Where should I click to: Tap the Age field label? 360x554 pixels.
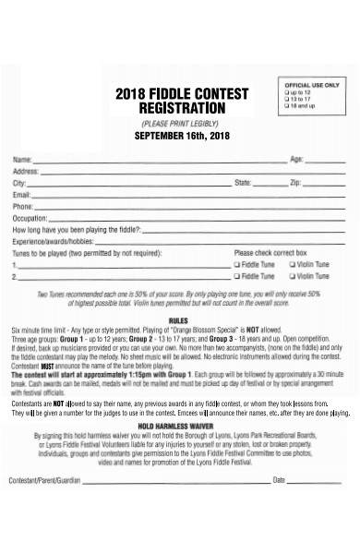click(297, 160)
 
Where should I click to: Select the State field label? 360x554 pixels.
click(244, 183)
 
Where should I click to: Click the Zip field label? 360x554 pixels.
click(295, 183)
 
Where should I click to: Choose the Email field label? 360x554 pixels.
click(21, 195)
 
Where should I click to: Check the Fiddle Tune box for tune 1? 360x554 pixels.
click(237, 263)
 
